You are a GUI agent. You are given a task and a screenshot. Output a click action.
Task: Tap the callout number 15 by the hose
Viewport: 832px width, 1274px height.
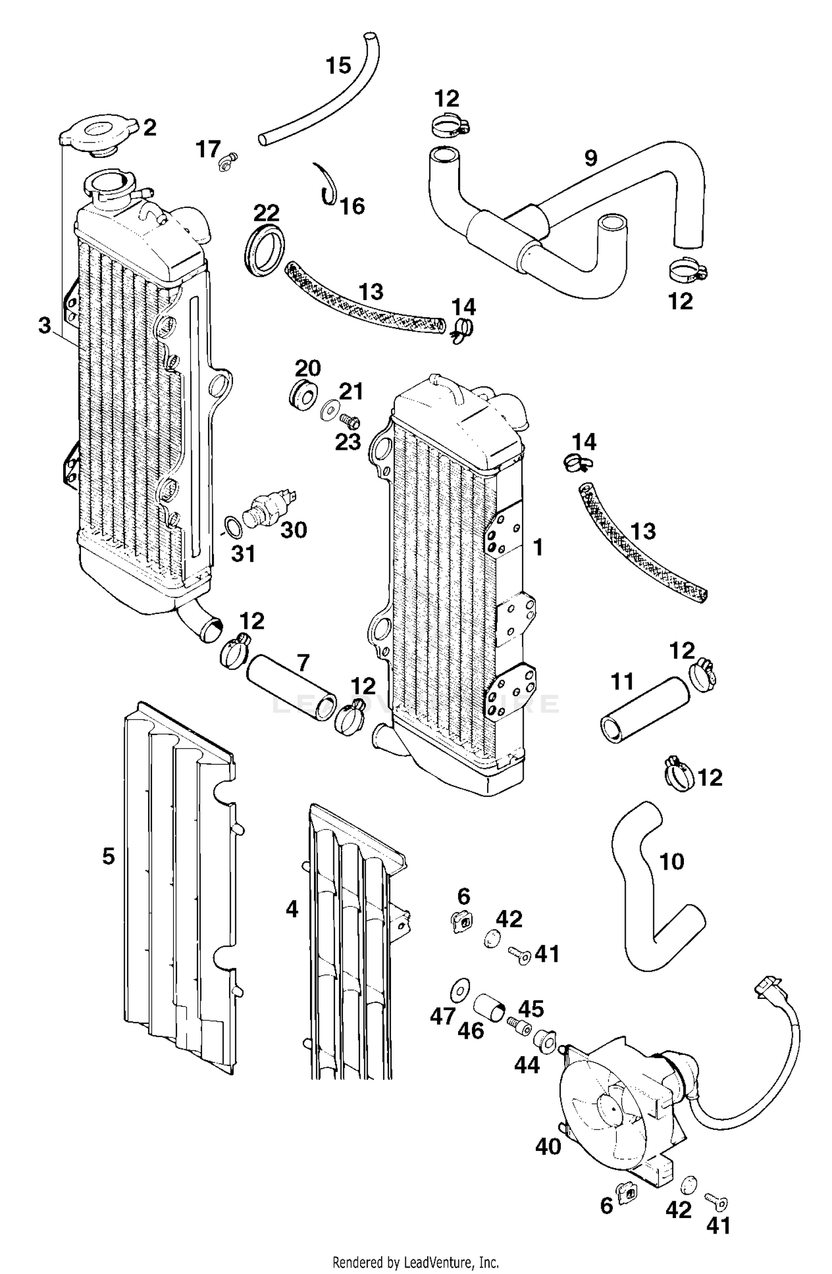[x=338, y=66]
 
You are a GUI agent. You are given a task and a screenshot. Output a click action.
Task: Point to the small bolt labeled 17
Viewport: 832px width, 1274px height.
[x=228, y=161]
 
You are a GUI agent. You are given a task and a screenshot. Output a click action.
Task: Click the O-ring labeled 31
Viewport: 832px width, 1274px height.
[x=233, y=527]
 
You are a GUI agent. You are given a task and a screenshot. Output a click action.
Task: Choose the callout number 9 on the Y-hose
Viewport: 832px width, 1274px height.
[x=591, y=159]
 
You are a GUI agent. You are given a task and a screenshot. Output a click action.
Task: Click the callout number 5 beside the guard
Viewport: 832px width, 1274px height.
[x=108, y=856]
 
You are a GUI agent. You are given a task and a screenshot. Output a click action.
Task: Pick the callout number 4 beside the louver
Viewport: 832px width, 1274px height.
[x=292, y=910]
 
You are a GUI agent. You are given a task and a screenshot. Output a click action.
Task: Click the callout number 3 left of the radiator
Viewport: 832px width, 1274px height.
[x=45, y=326]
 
